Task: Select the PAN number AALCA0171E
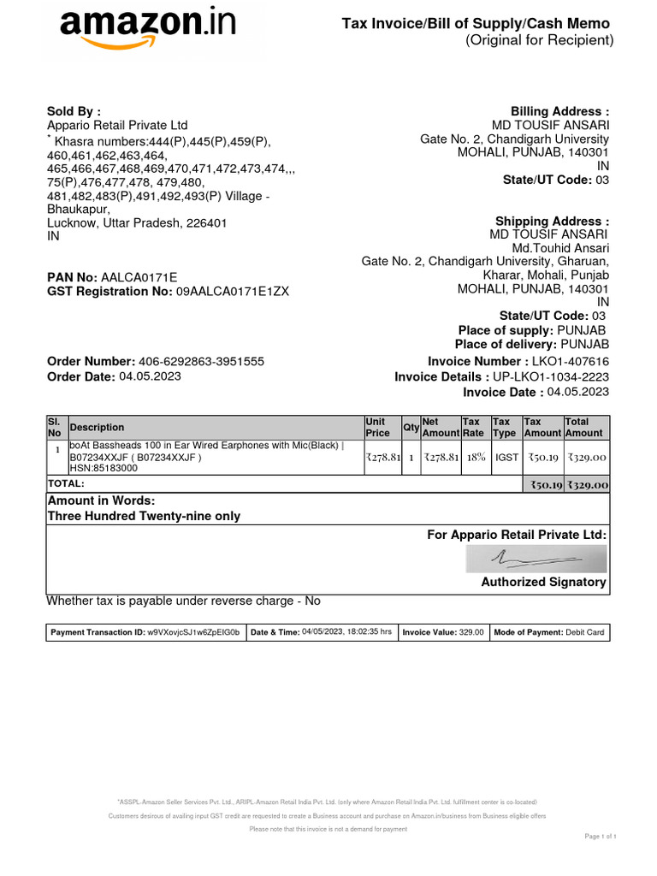(139, 277)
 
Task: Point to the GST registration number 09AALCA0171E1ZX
(233, 291)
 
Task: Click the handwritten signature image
(536, 559)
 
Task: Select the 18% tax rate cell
(476, 458)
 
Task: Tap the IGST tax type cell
(506, 458)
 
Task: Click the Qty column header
(411, 427)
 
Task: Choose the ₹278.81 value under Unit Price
(382, 458)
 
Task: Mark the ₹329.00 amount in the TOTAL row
(586, 484)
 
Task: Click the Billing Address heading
(559, 111)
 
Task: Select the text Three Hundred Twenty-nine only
(144, 516)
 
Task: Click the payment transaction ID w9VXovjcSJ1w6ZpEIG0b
(193, 632)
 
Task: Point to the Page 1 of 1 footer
(601, 836)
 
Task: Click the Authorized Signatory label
(543, 582)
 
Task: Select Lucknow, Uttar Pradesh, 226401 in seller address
(137, 222)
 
